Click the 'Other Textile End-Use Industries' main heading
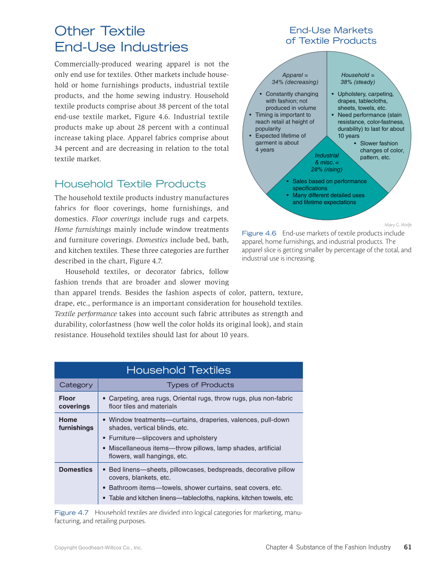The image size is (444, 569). point(121,39)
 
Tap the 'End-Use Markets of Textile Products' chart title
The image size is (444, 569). point(331,36)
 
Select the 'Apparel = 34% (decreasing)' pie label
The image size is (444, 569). point(295,79)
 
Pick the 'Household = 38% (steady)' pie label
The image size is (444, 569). point(358,79)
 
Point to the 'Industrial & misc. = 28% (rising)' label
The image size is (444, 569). point(327,162)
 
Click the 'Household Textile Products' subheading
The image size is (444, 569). point(130,184)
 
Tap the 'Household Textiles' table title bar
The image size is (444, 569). point(178,370)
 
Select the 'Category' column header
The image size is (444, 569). point(76,385)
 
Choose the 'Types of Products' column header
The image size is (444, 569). point(200,385)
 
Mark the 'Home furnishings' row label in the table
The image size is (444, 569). point(76,423)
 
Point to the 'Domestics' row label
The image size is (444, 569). point(75,470)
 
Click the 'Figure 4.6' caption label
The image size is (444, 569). point(259,233)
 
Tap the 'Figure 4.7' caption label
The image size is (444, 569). point(72,512)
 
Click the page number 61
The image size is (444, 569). point(407,547)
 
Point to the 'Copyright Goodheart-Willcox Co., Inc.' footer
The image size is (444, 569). point(98,548)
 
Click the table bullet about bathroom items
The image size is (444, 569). point(195,488)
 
